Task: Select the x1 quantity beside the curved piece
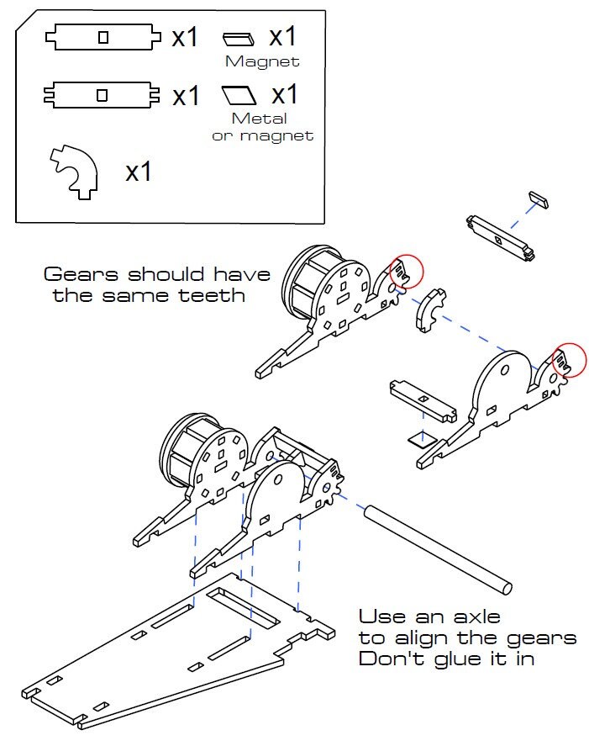coord(138,172)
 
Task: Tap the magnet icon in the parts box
coord(239,38)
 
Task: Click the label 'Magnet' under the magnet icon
coord(262,61)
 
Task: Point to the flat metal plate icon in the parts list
coord(239,93)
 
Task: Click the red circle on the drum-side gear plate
coord(406,270)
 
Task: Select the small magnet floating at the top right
coord(539,198)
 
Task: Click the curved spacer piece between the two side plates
coord(432,308)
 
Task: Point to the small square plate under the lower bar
coord(417,438)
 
